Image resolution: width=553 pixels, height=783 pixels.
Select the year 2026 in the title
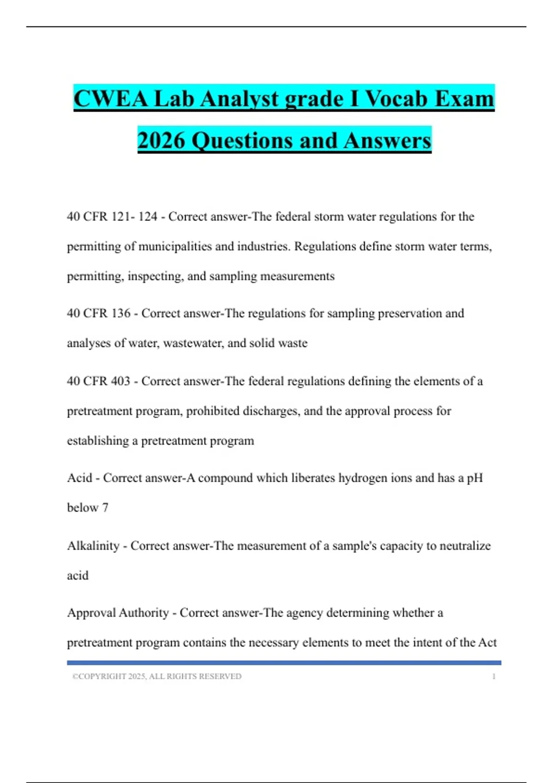coord(161,140)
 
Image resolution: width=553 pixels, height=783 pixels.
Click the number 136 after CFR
coord(121,314)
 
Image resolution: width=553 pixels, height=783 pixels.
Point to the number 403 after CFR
coord(121,381)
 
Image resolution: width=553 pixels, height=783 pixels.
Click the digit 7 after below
coord(105,508)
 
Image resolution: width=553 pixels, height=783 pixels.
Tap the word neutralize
coord(465,546)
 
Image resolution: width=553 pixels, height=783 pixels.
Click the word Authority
coord(144,613)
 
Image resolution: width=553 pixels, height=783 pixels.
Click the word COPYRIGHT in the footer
coord(102,677)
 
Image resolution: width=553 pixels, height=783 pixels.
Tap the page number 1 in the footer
coord(494,677)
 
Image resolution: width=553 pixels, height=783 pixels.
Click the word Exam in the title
coord(465,99)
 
